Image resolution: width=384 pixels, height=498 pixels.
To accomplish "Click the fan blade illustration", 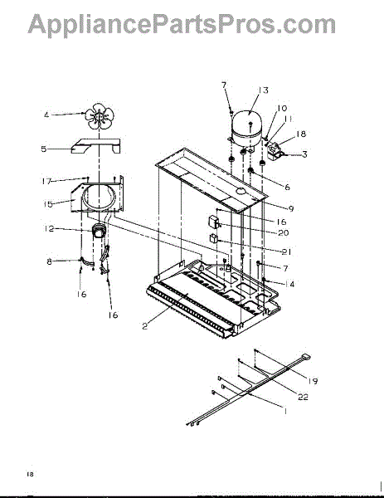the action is pyautogui.click(x=99, y=116).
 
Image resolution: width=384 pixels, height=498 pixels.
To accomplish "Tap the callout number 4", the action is pyautogui.click(x=46, y=115).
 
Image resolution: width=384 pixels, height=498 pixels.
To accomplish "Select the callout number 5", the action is pyautogui.click(x=44, y=149).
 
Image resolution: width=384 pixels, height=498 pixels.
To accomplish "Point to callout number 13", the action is pyautogui.click(x=263, y=90).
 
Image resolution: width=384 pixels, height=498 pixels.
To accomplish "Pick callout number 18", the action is pyautogui.click(x=301, y=134).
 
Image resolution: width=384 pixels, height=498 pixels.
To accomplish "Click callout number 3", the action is pyautogui.click(x=304, y=154).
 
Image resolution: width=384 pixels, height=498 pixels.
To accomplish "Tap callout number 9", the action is pyautogui.click(x=291, y=208).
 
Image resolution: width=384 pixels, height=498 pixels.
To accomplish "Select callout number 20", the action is pyautogui.click(x=284, y=232).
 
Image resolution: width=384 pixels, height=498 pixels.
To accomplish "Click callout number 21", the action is pyautogui.click(x=286, y=251).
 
